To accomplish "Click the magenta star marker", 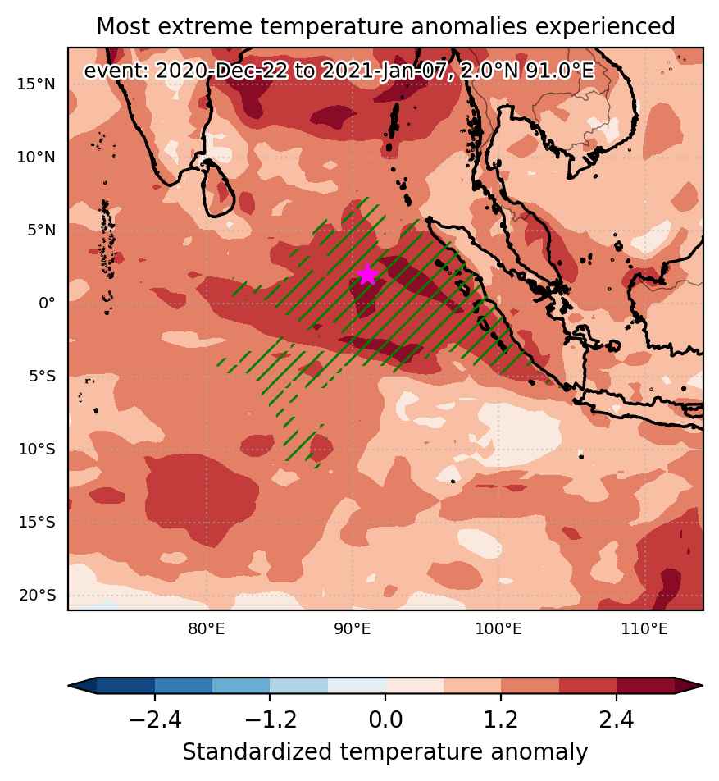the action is point(367,274).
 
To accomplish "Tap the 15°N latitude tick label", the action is point(37,84).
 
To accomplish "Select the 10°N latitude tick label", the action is point(37,158).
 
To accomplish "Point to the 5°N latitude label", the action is point(41,230).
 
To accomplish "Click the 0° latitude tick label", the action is point(47,303).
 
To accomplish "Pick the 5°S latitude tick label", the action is point(43,376).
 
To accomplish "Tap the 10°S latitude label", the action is point(38,450).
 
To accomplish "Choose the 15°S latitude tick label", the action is point(38,522).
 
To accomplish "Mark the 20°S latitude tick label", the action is point(38,596).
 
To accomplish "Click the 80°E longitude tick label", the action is point(206,629).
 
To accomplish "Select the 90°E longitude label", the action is point(353,629).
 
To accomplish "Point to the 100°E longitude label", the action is point(498,629).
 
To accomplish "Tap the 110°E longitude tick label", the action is point(644,629).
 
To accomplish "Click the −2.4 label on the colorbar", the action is point(155,719).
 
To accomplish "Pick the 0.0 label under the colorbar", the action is point(385,719).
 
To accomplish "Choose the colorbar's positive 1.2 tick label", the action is point(501,719).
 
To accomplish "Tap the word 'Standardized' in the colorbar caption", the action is point(257,752).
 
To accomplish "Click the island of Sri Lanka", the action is point(219,189).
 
